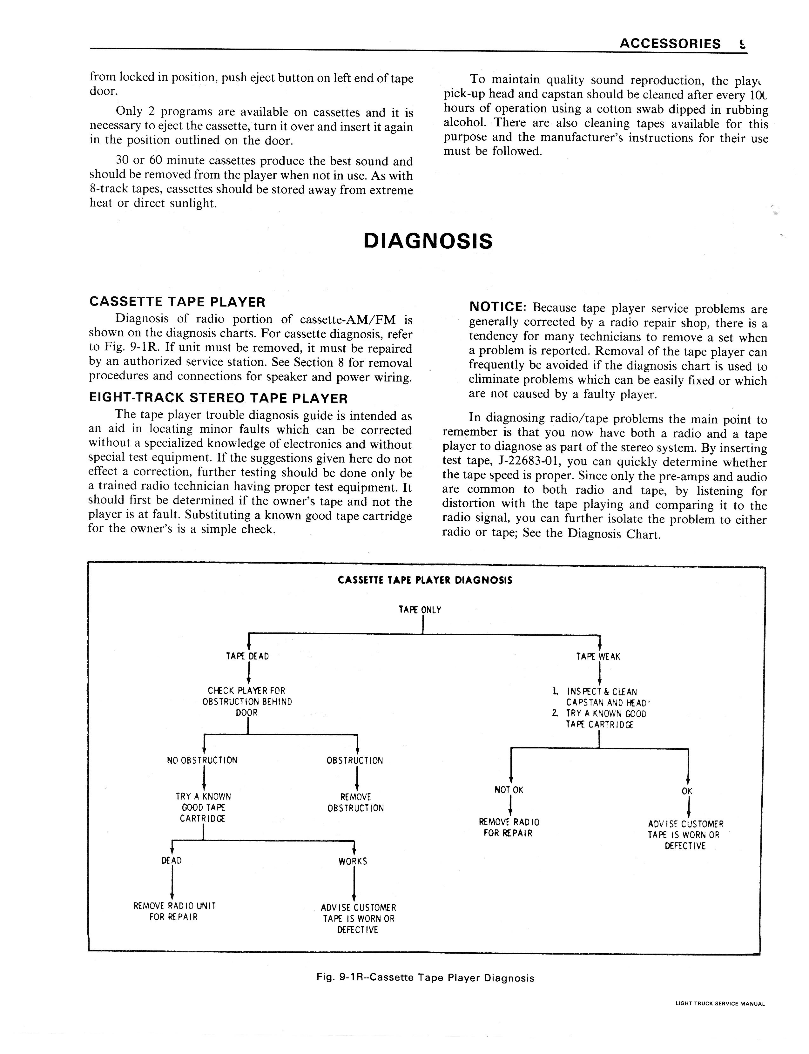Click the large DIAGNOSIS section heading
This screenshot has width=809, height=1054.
(x=428, y=241)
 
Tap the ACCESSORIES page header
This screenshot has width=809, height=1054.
(x=670, y=44)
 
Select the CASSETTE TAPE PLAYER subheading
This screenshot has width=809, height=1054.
(x=177, y=302)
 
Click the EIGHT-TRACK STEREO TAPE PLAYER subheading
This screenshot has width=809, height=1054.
(x=218, y=398)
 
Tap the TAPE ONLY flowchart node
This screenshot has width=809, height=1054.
(x=420, y=610)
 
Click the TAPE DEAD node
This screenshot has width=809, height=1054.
(x=247, y=656)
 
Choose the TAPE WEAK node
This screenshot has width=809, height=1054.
(x=598, y=656)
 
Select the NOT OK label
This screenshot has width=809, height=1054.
(x=509, y=790)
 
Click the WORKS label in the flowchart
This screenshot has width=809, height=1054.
(x=353, y=861)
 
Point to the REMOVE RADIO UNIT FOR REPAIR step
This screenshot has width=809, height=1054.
(x=174, y=911)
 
